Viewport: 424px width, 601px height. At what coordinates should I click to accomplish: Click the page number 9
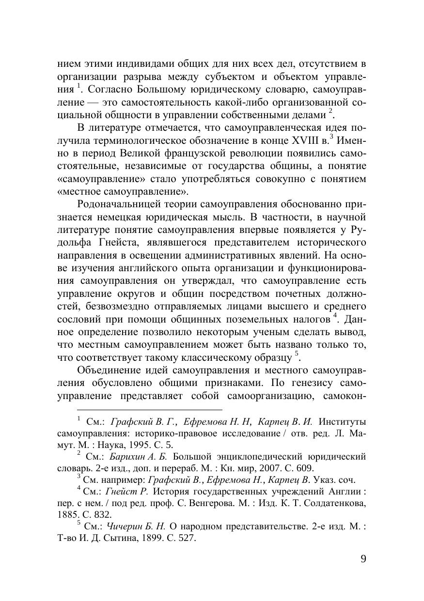tap(363, 559)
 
